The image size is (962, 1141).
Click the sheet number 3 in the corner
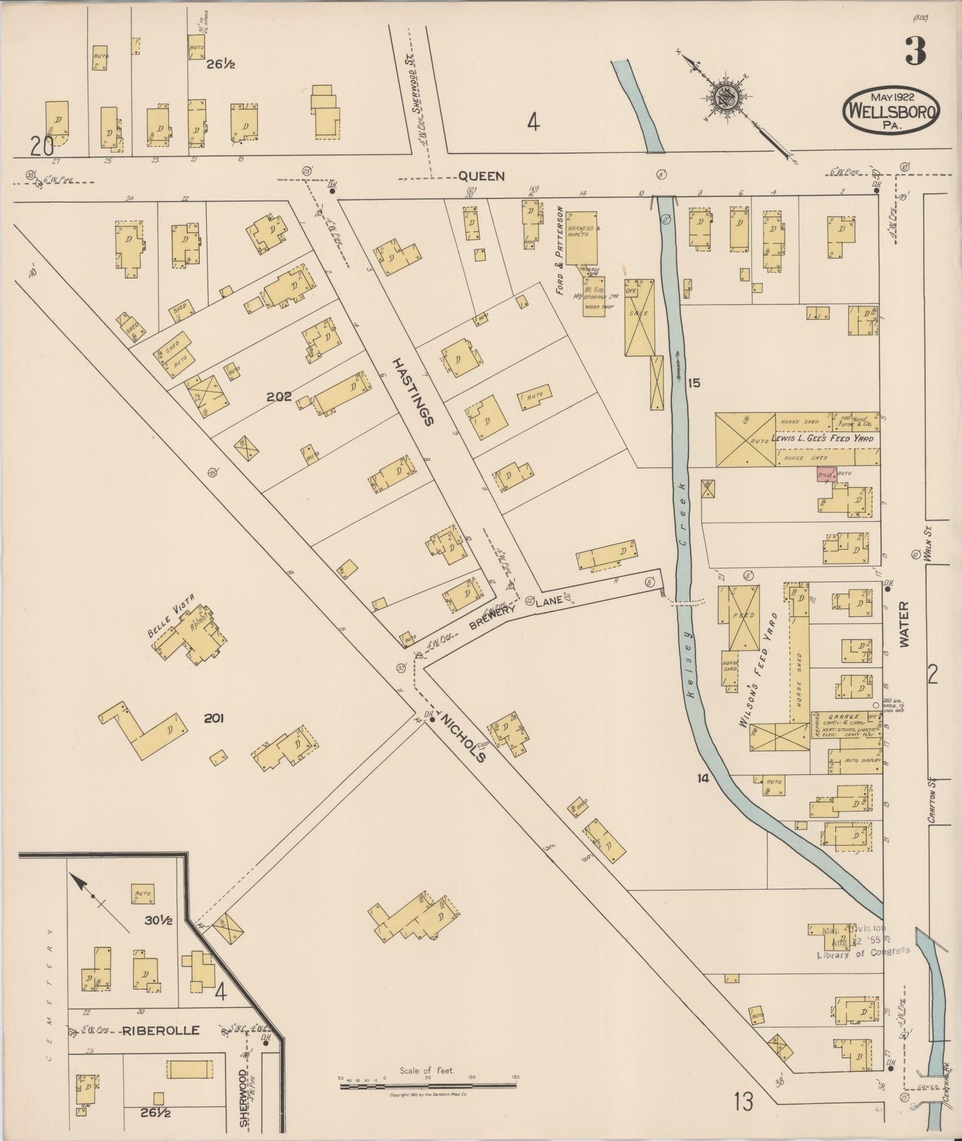[x=915, y=53]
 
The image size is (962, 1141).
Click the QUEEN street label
[x=481, y=176]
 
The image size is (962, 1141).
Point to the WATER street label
[x=903, y=624]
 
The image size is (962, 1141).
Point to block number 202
[x=279, y=397]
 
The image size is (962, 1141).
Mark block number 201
[x=214, y=718]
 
